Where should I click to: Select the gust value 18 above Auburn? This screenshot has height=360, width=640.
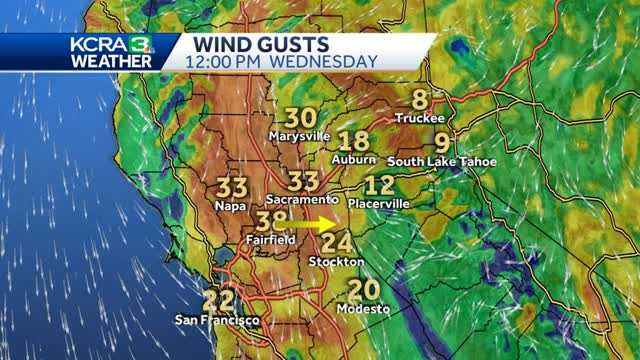tap(354, 142)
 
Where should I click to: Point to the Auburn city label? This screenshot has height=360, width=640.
tap(354, 159)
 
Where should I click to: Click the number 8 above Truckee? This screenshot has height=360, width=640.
tap(420, 99)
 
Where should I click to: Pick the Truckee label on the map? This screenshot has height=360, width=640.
tap(419, 118)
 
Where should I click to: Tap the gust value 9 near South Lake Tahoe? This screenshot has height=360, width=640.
tap(442, 141)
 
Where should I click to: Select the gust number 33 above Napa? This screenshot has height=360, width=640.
tap(232, 187)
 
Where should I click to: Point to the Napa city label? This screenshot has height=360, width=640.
tap(230, 205)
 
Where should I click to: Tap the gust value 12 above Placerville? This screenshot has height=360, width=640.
tap(379, 185)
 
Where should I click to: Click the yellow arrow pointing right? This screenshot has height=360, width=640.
tap(319, 225)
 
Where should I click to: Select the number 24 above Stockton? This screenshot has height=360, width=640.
tap(337, 243)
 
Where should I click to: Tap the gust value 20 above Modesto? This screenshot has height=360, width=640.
tap(363, 290)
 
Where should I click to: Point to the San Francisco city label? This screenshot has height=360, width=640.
tap(217, 320)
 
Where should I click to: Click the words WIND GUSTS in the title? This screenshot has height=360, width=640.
tap(262, 44)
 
